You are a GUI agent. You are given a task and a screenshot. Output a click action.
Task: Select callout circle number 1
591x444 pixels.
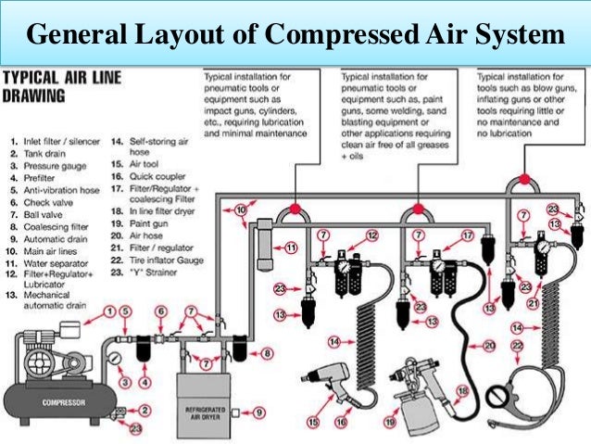[x=109, y=311]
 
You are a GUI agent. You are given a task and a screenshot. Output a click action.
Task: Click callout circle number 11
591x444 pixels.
[x=290, y=248]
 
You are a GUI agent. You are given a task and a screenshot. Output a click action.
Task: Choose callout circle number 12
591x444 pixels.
[x=371, y=236]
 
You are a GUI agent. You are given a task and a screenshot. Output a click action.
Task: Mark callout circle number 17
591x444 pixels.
[x=468, y=236]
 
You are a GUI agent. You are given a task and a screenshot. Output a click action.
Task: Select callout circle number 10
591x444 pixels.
[x=241, y=212]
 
